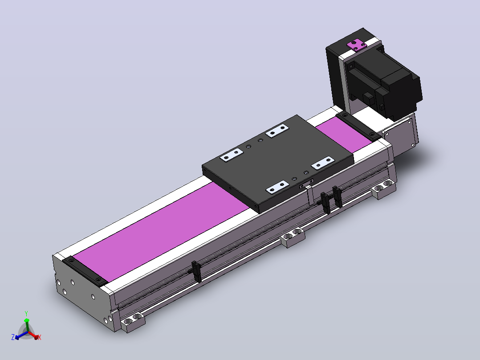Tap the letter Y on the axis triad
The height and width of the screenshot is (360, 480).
(x=26, y=314)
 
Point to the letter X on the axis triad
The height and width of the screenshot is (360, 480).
(x=39, y=337)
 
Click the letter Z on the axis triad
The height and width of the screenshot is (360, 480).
(x=13, y=337)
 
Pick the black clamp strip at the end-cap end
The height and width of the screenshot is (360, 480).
(x=85, y=271)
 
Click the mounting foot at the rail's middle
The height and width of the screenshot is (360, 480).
(x=293, y=237)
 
